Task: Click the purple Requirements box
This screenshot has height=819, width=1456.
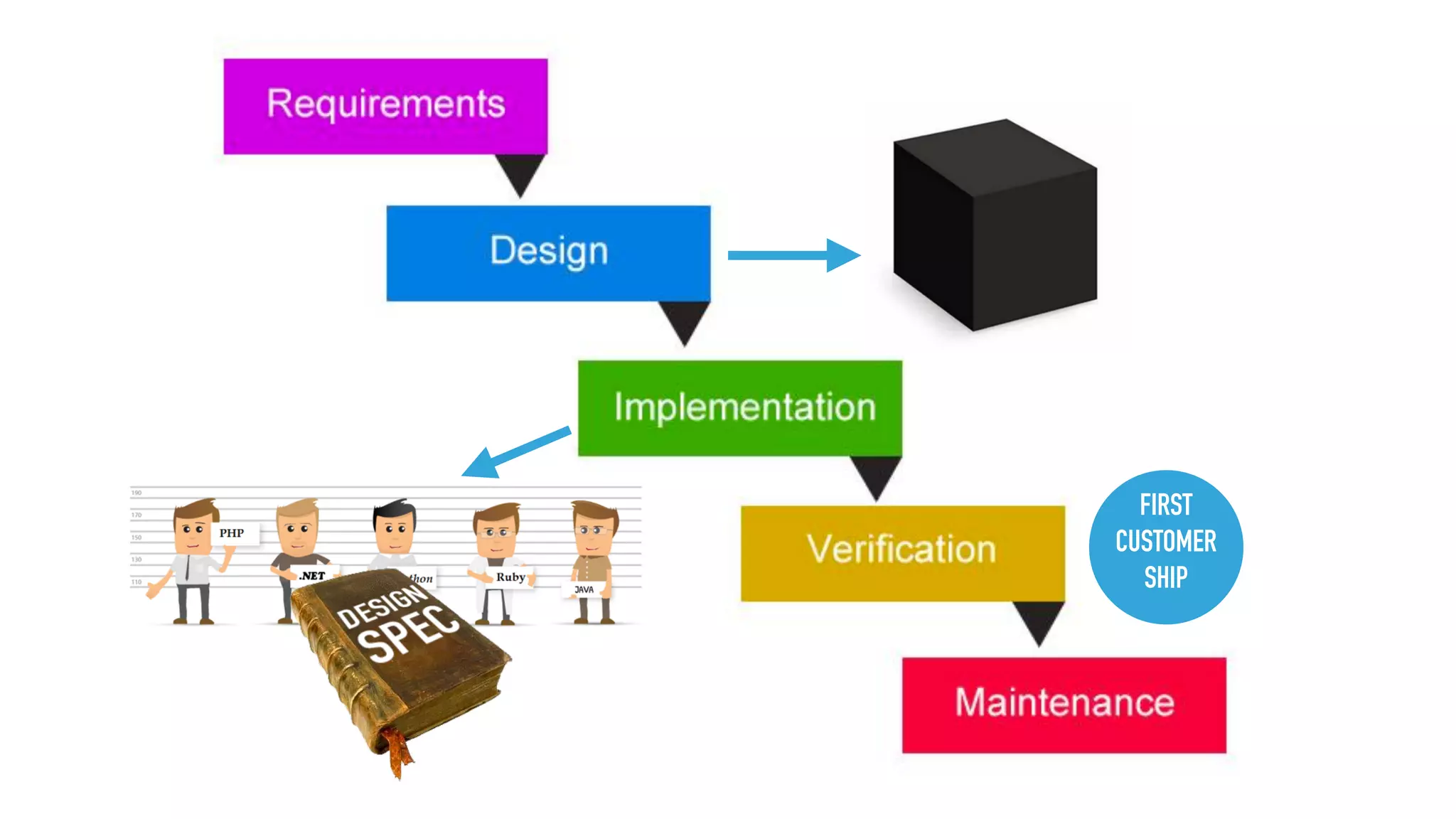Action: coord(385,106)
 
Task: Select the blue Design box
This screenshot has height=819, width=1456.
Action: coord(548,252)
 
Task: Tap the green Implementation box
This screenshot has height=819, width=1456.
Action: coord(739,407)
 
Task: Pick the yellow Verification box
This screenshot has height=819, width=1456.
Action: coord(902,552)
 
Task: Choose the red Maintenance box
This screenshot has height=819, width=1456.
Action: coord(1064,704)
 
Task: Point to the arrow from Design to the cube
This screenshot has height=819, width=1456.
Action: coord(793,255)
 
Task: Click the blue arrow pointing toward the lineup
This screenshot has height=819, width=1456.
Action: coord(515,453)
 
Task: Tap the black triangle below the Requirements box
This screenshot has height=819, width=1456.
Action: coord(520,173)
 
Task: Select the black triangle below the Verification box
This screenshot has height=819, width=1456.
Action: coord(1039,621)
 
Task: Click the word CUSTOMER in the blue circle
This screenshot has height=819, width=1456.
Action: coord(1165,542)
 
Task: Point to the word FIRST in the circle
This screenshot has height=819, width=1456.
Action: coord(1165,505)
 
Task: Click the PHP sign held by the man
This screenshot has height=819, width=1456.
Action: coord(232,533)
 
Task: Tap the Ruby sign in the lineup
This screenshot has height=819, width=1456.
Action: coord(510,577)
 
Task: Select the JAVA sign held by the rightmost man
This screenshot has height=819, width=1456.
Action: coord(584,589)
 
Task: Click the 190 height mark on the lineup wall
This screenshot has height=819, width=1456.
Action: coord(136,493)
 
